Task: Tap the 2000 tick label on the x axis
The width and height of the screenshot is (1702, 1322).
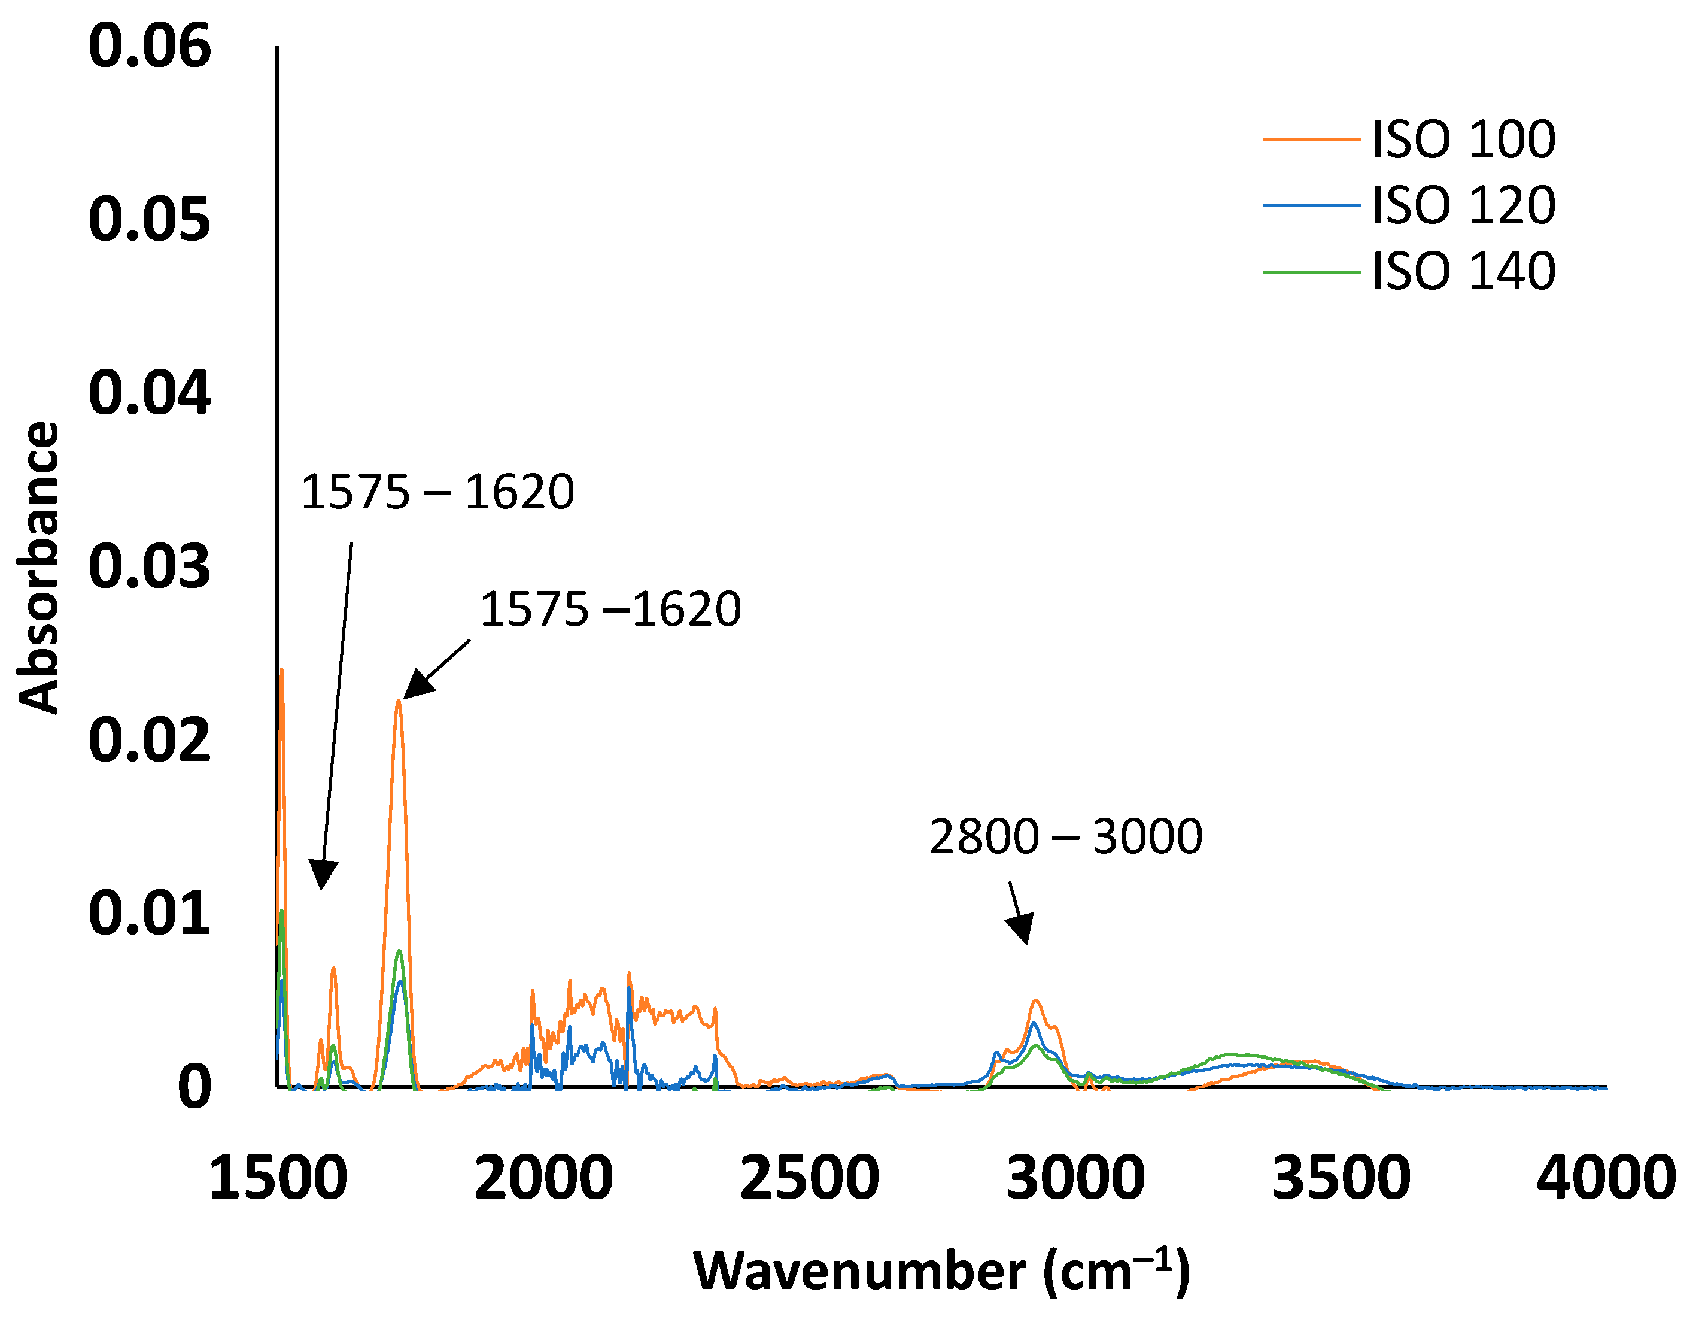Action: pos(543,1178)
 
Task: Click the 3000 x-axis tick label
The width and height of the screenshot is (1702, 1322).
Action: pos(1075,1178)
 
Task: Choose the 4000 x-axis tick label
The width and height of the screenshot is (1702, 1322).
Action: pos(1606,1178)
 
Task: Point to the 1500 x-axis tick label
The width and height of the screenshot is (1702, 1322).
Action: pos(278,1178)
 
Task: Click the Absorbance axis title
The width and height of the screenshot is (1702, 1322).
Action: pos(38,568)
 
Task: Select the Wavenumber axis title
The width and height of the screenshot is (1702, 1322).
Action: pos(941,1272)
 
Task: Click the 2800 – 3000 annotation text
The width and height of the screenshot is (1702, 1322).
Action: pos(1065,837)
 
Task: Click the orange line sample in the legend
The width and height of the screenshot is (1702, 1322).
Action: pos(1311,140)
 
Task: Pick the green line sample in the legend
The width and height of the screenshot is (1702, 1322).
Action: pos(1311,272)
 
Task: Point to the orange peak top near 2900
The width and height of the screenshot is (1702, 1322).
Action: pos(1036,1001)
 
